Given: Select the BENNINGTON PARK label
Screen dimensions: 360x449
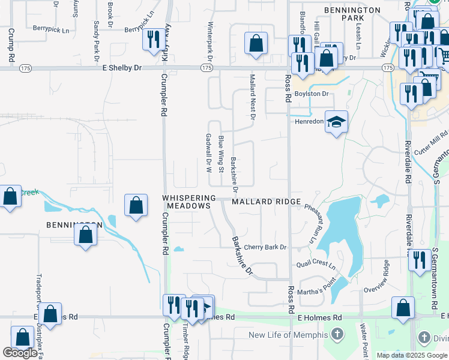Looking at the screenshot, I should coord(352,14).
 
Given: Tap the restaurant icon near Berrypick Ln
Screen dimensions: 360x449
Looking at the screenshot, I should coord(152,39).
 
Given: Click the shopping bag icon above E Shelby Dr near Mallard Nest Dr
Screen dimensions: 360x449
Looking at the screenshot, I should coord(256,43).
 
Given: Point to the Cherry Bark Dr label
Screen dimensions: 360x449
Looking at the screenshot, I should coord(266,247).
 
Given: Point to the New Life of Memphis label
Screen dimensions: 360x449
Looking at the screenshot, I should coord(288,334).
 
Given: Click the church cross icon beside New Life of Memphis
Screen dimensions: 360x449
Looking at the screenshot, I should coord(338,334).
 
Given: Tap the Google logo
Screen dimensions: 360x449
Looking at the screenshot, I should coord(20,353).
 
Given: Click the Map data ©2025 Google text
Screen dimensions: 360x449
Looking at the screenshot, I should coord(412,355).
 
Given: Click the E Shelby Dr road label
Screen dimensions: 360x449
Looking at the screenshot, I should coord(122,68).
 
